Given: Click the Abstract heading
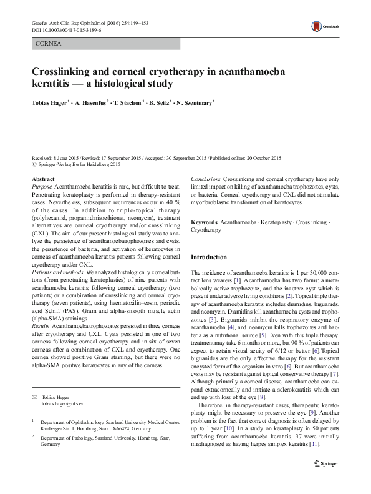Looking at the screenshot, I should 42,179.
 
